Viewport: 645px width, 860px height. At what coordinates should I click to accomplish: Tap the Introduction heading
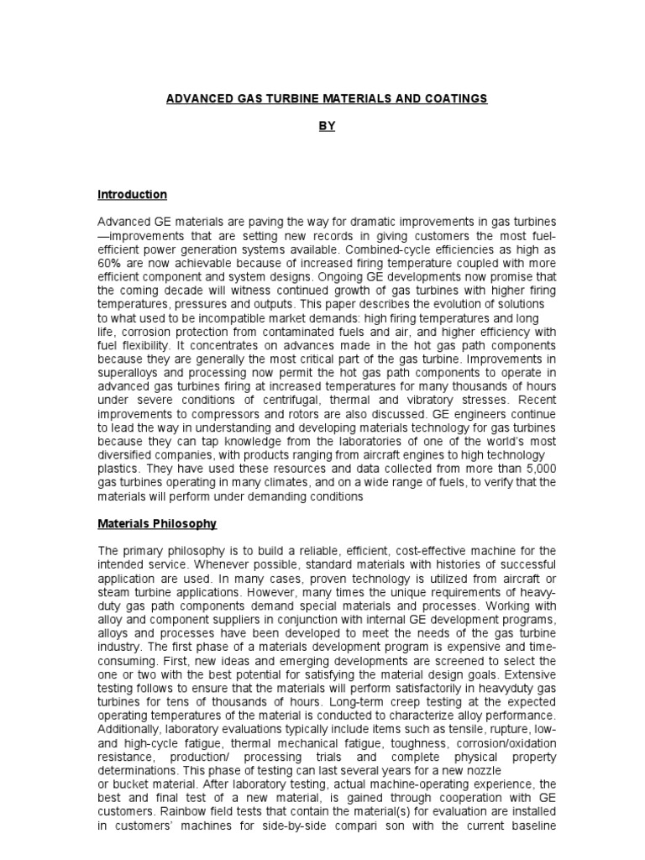[133, 195]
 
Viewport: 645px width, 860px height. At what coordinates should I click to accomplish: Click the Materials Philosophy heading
[157, 524]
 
